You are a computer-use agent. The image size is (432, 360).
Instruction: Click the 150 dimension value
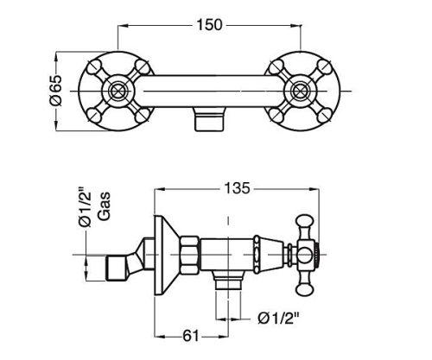[x=209, y=25]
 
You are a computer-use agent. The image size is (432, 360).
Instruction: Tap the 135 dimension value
[x=238, y=188]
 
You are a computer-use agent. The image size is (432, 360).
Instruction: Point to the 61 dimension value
[x=191, y=336]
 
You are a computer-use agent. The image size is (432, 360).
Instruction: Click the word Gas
[x=105, y=206]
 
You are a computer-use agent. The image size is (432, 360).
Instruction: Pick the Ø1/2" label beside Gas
[x=85, y=206]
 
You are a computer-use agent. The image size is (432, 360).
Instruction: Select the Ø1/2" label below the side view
[x=278, y=319]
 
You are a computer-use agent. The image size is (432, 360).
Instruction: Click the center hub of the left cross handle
[x=117, y=92]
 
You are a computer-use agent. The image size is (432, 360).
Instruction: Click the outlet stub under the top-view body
[x=209, y=119]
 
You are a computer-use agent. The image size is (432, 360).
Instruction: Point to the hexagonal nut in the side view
[x=190, y=255]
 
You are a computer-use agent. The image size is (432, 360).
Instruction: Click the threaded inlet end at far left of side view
[x=116, y=268]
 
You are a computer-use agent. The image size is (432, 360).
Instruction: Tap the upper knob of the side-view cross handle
[x=304, y=224]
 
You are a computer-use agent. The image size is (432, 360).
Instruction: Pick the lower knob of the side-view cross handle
[x=304, y=287]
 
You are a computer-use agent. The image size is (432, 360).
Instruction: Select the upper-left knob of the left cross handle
[x=93, y=66]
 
